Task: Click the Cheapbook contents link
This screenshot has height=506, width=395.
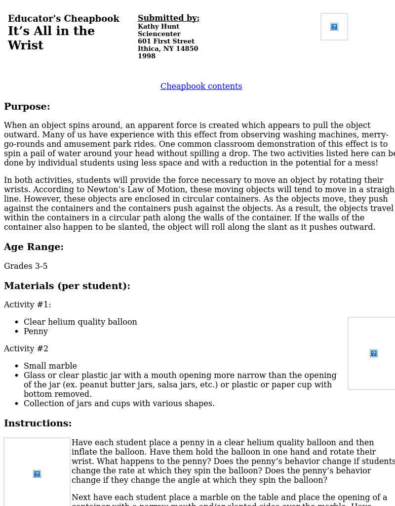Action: tap(201, 86)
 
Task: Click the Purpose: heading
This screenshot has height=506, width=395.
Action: tap(27, 107)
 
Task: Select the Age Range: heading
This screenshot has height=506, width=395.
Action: tap(34, 247)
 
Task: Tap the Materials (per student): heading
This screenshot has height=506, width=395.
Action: tap(67, 286)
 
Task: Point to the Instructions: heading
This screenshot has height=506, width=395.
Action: tap(38, 423)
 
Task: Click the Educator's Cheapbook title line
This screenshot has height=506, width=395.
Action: tap(64, 19)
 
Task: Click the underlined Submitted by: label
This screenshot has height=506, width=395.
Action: tap(168, 18)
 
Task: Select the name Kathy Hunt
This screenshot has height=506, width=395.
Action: tap(158, 27)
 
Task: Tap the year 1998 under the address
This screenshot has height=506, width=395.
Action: tap(147, 56)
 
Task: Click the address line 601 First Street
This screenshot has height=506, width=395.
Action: tap(166, 42)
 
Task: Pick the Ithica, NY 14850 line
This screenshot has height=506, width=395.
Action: tap(168, 49)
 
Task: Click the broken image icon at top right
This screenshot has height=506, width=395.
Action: tap(334, 27)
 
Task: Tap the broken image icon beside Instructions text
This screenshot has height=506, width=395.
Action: tap(37, 474)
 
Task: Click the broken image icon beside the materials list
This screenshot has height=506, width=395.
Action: tap(374, 353)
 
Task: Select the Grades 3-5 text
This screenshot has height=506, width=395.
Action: tap(26, 266)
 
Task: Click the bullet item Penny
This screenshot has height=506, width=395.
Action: tap(36, 332)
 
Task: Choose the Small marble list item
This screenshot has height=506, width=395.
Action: tap(50, 366)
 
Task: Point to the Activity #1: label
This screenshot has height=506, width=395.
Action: tap(28, 305)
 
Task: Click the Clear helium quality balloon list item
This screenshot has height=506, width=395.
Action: tap(80, 322)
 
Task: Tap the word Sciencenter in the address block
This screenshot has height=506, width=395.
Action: tap(159, 34)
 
